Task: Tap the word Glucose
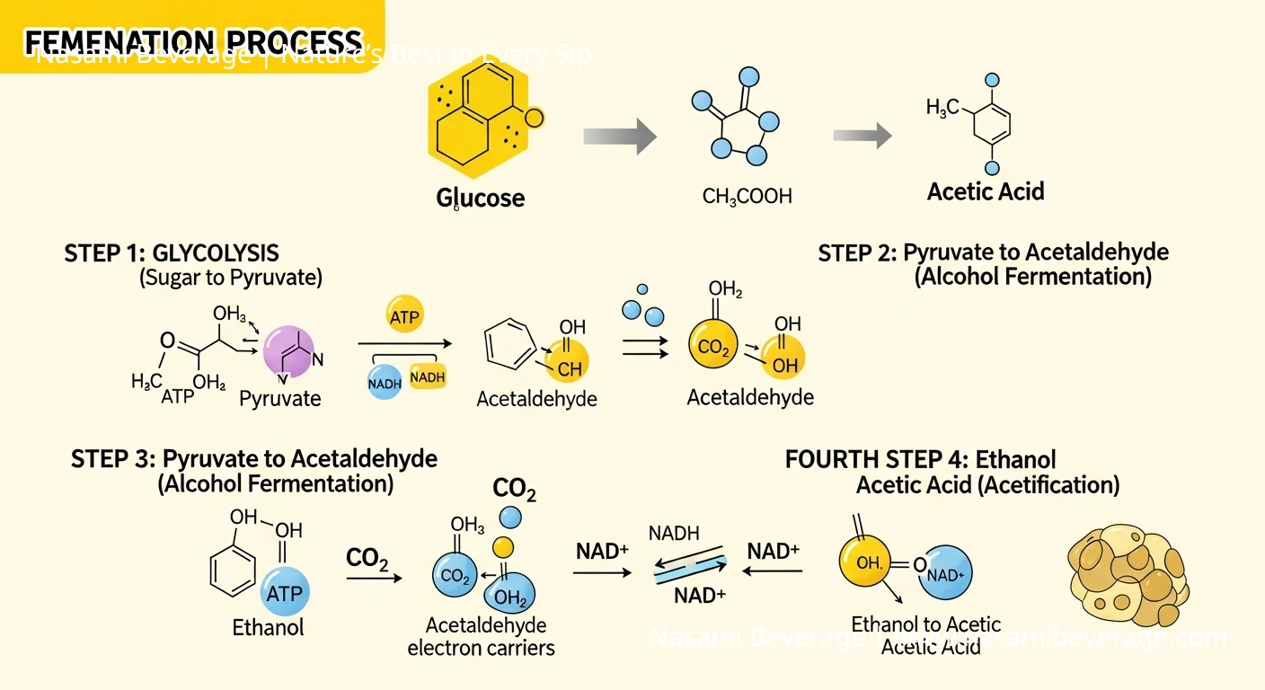(x=481, y=198)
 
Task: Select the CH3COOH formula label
(x=747, y=196)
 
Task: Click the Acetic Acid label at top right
(x=986, y=191)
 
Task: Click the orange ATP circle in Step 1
(x=405, y=316)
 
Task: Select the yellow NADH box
(x=428, y=377)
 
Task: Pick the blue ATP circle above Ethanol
(x=285, y=593)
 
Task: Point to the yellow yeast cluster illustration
(x=1129, y=574)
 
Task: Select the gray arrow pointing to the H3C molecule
(x=862, y=136)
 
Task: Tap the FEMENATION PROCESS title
(x=192, y=41)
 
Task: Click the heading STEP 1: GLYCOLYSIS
(x=172, y=252)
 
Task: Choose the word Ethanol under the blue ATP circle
(x=268, y=626)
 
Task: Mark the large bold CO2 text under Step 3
(x=514, y=491)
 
